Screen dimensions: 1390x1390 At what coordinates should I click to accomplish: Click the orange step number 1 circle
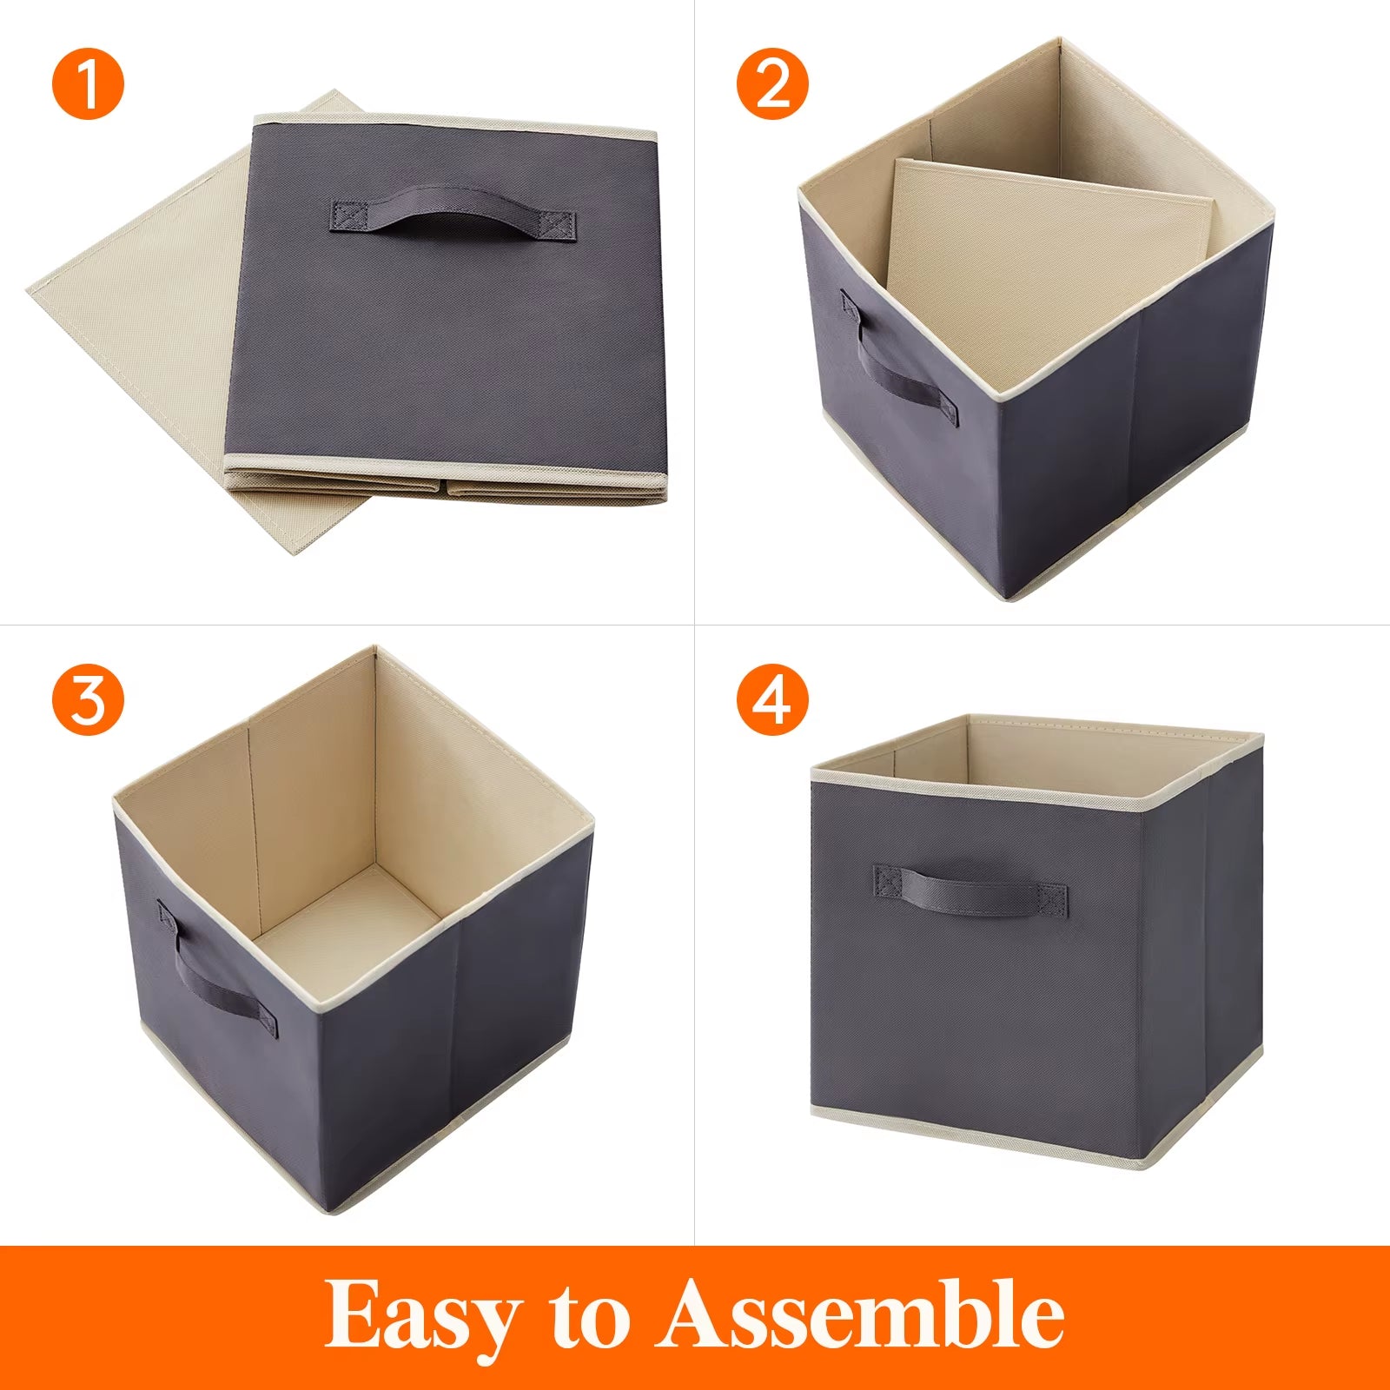pyautogui.click(x=88, y=84)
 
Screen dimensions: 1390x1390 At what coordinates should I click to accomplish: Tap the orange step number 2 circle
pyautogui.click(x=772, y=84)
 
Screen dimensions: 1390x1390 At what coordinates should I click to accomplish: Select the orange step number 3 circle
pyautogui.click(x=88, y=699)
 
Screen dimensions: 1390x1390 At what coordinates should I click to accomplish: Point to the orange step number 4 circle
pyautogui.click(x=772, y=699)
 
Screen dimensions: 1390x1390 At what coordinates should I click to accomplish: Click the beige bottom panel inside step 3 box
pyautogui.click(x=347, y=921)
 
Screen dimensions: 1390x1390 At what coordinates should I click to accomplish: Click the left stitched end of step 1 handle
pyautogui.click(x=349, y=216)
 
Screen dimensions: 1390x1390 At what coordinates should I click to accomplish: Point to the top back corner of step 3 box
pyautogui.click(x=374, y=649)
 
